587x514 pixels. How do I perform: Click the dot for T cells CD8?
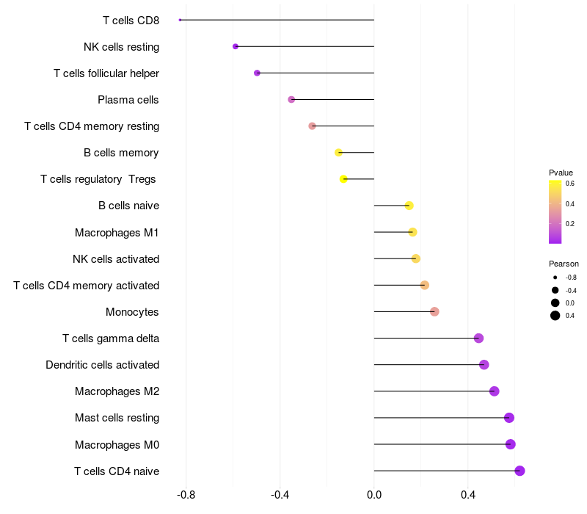[x=180, y=20]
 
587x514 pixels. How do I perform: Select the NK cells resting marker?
[x=236, y=46]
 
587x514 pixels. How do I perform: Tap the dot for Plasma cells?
[x=291, y=99]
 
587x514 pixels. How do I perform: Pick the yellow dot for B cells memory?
[x=338, y=153]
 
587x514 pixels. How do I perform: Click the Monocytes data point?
[x=434, y=311]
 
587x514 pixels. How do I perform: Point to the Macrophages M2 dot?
[x=494, y=391]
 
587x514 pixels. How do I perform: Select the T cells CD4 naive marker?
[x=519, y=471]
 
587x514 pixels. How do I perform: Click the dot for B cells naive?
[x=409, y=206]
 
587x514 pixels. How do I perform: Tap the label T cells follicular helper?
[x=106, y=73]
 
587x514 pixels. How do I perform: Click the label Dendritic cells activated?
[x=102, y=365]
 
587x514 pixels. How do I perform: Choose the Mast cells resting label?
[x=117, y=418]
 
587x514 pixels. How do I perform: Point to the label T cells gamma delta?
[x=111, y=339]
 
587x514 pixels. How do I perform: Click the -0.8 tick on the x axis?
[x=186, y=495]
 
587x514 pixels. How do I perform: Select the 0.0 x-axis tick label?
[x=374, y=495]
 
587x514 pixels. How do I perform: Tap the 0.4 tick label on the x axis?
[x=468, y=495]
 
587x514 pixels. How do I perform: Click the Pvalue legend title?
[x=561, y=173]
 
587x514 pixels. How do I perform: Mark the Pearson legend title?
[x=564, y=264]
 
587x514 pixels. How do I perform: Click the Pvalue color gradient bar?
[x=555, y=211]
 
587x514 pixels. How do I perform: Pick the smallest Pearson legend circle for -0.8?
[x=555, y=278]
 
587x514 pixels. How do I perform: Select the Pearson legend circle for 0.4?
[x=555, y=316]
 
